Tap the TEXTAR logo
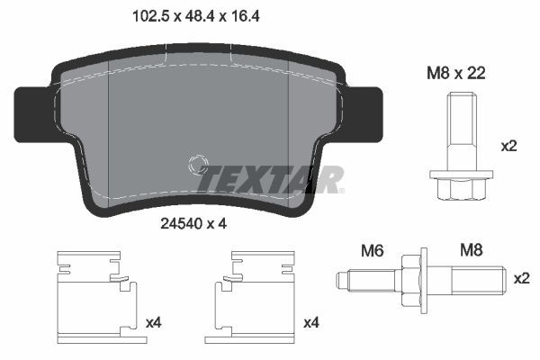tap(269, 178)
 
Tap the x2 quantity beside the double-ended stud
tap(520, 280)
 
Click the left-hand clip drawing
tap(93, 293)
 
